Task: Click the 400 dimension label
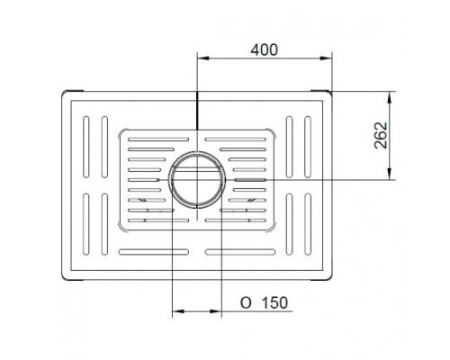264,49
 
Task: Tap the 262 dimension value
381,135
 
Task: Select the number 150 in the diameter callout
274,303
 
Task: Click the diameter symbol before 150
246,303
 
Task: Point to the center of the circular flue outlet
197,179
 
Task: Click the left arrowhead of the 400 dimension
202,58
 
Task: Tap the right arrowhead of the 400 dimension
326,58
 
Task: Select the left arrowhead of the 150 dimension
178,311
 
